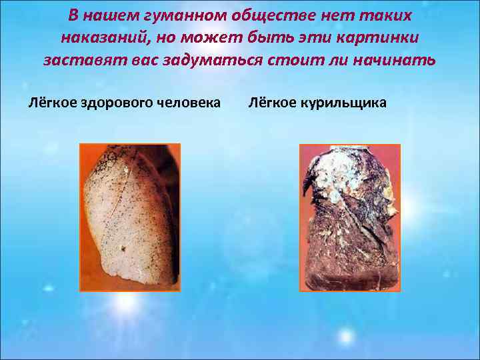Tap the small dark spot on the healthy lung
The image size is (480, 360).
[123, 249]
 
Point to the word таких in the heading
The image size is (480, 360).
[389, 15]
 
